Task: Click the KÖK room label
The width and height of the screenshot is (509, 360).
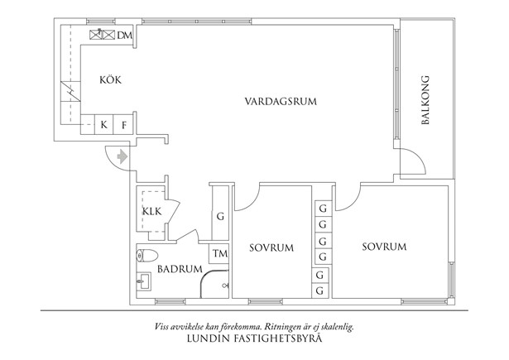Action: pos(110,79)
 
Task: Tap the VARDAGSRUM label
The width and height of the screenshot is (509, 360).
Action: pos(281,101)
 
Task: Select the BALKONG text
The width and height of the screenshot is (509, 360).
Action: pos(425,100)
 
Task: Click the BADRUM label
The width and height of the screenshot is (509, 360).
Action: pos(180,269)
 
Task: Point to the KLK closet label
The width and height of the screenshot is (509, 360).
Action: pos(152,212)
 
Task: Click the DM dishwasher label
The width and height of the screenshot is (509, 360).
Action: pos(125,35)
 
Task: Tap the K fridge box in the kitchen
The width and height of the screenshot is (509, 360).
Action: pos(104,124)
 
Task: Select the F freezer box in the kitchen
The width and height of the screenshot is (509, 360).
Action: pos(123,124)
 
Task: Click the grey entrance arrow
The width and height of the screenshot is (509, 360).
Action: pos(122,156)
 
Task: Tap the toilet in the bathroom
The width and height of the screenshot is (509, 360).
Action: pos(147,256)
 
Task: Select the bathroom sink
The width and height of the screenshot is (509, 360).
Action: pos(144,281)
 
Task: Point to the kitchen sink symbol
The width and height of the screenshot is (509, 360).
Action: pos(103,34)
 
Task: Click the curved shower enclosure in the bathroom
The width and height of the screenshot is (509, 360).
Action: pos(214,284)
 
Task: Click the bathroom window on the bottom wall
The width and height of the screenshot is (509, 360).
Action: pos(170,301)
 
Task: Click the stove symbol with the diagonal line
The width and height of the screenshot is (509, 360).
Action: pos(70,91)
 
